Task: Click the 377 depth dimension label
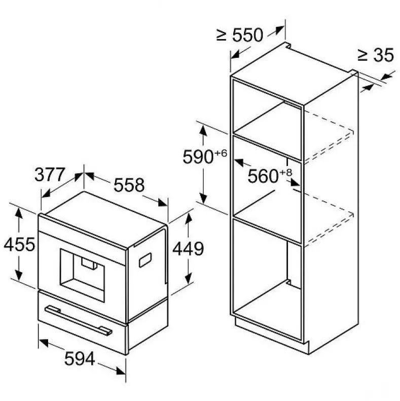tap(50, 175)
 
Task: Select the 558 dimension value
tap(129, 185)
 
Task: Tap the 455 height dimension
tap(19, 245)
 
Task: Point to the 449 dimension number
tap(188, 249)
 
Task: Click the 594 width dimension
tap(80, 358)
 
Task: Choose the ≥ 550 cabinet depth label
tap(240, 35)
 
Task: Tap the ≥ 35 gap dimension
tap(376, 55)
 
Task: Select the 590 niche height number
tap(198, 157)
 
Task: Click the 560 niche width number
tap(263, 176)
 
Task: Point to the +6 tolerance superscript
tap(221, 153)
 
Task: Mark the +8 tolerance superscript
tap(286, 173)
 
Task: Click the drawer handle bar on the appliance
tap(78, 320)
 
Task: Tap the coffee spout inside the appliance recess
tap(89, 263)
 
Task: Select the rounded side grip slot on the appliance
tap(145, 260)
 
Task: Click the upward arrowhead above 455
tap(19, 214)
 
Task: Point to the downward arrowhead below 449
tap(189, 279)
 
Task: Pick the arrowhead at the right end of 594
tap(121, 371)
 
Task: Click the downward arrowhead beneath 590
tap(203, 198)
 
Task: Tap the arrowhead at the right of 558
tap(163, 203)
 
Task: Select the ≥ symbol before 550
tap(221, 35)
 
